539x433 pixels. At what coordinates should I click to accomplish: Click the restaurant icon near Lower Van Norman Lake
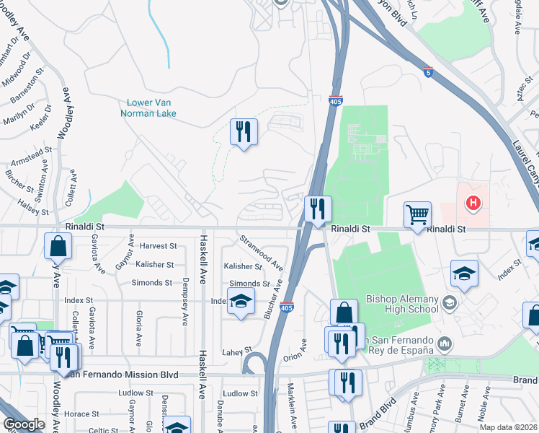click(x=244, y=131)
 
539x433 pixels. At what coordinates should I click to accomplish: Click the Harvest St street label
click(x=158, y=246)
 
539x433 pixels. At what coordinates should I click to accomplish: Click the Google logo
click(x=24, y=424)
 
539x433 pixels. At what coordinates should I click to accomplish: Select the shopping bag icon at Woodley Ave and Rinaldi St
click(x=58, y=246)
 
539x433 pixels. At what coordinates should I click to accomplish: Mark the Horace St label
click(x=81, y=414)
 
